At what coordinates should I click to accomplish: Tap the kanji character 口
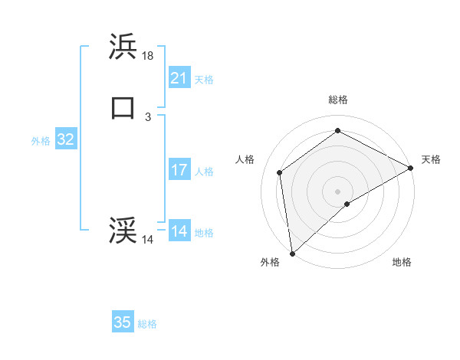point(123,107)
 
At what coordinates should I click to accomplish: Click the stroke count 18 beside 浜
point(148,56)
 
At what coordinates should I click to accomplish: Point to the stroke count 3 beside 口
point(148,116)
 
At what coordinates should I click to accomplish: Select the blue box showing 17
point(179,170)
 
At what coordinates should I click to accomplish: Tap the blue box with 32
point(66,139)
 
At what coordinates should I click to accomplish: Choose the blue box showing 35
point(123,322)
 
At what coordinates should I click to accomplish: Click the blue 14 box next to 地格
point(179,231)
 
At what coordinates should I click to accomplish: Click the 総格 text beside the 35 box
point(147,324)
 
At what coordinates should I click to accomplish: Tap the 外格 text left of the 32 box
point(41,141)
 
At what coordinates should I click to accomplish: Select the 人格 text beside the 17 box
point(205,172)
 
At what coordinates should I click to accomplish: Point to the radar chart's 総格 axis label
point(338,100)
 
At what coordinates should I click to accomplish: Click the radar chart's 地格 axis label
point(402,262)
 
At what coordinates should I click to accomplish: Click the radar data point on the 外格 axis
point(292,253)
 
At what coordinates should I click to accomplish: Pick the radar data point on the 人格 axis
point(280,172)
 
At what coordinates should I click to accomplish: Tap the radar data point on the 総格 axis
point(338,130)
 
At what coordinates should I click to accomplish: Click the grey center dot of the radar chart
point(338,191)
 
